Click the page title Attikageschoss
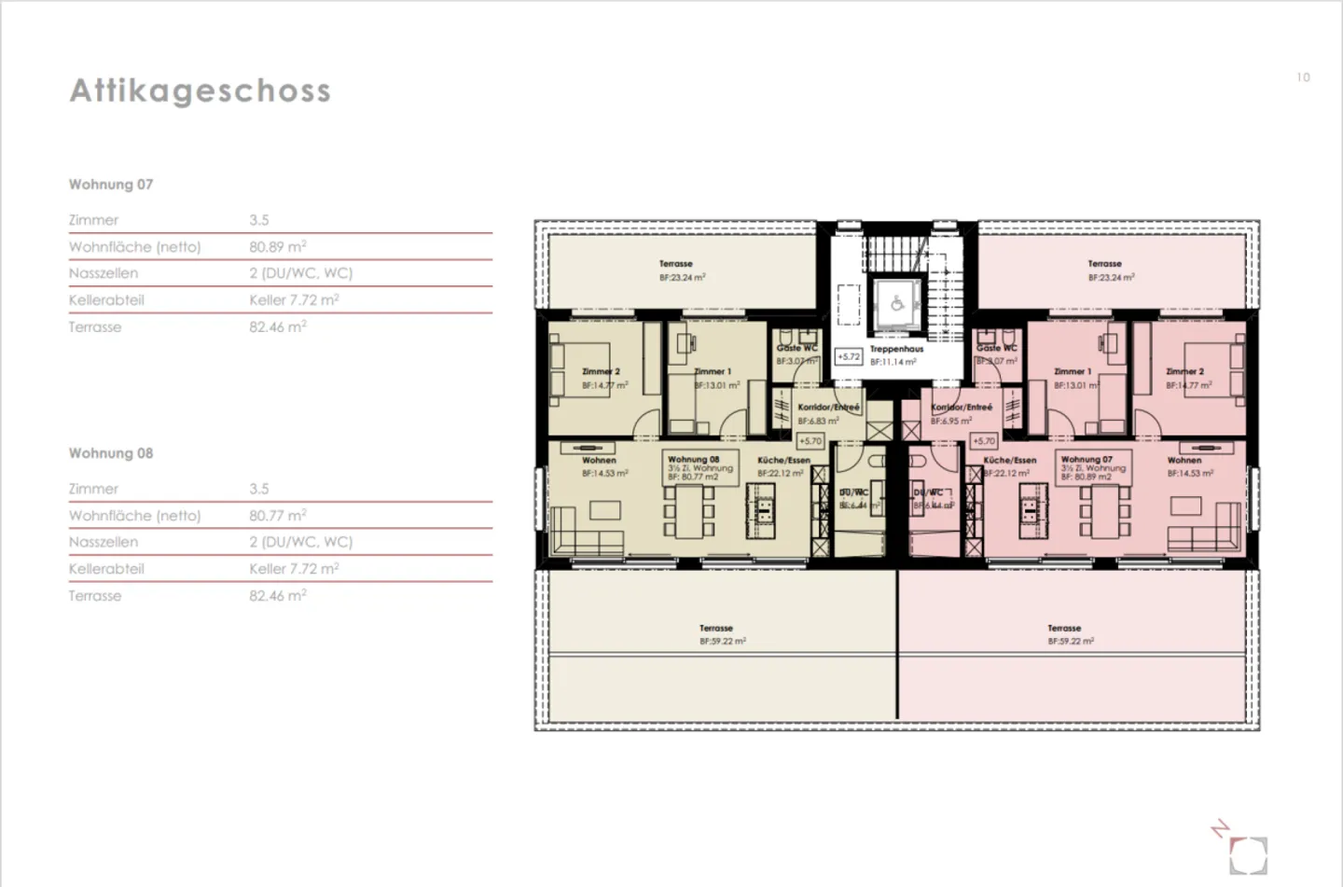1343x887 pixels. (200, 90)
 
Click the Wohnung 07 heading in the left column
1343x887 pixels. (110, 185)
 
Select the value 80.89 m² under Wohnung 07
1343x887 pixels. (277, 247)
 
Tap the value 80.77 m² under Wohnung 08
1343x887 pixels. (277, 516)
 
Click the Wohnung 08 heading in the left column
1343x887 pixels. (110, 453)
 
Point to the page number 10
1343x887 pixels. (1303, 77)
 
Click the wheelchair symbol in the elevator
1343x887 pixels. (896, 304)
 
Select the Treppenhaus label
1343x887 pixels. (896, 350)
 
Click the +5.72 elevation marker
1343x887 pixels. (848, 357)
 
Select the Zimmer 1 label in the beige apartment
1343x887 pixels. (714, 378)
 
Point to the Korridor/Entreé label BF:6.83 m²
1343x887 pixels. (826, 413)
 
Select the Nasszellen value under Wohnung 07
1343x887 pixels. (300, 273)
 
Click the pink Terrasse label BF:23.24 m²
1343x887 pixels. (1110, 270)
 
